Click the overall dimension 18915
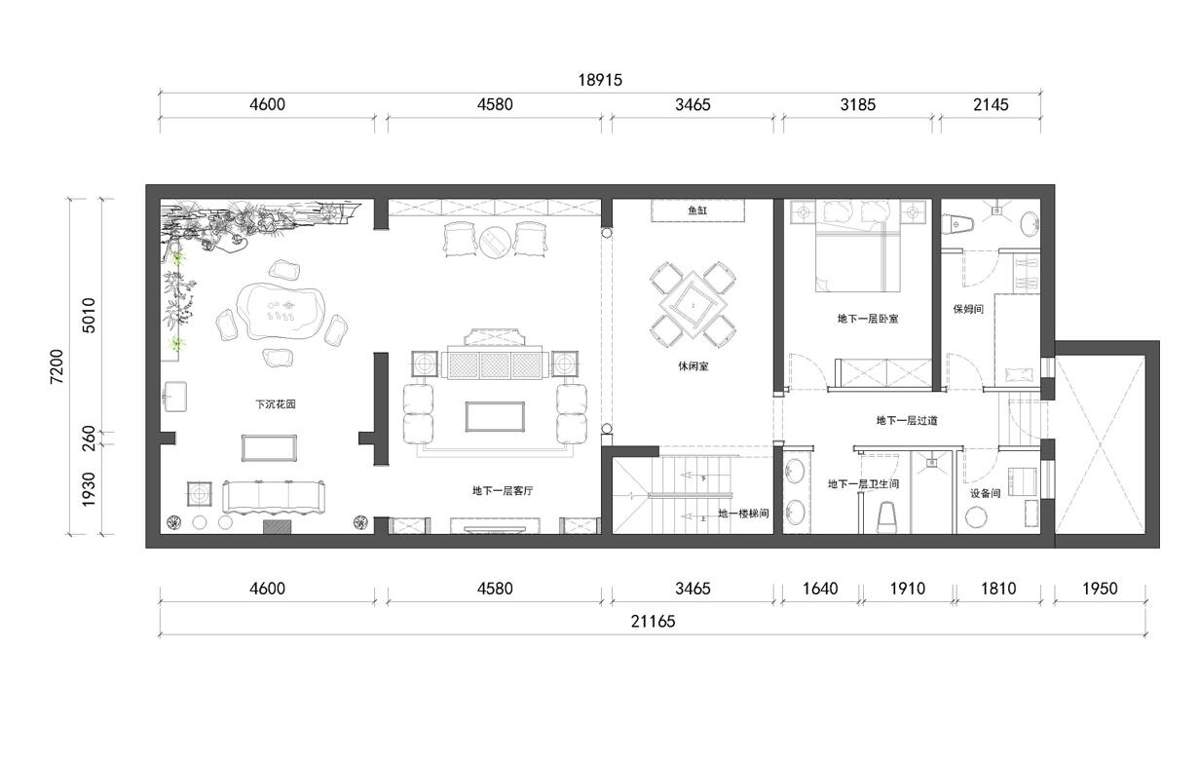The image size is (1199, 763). point(600,80)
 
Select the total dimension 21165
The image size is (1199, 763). point(653,622)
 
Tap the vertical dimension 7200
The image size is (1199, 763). point(56,366)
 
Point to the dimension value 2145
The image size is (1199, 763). point(991,105)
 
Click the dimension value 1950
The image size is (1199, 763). point(1100,589)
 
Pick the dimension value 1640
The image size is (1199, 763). point(820,589)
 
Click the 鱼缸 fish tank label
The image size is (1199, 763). point(697,210)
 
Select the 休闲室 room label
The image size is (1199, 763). point(693,366)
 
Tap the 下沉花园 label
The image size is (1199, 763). point(275,404)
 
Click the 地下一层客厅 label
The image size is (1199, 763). point(503,490)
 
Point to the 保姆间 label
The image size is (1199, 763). point(968,309)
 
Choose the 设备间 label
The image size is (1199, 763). point(986,493)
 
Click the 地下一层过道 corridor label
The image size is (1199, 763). point(907,421)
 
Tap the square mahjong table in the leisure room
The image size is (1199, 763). point(693,306)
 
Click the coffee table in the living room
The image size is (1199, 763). point(495,416)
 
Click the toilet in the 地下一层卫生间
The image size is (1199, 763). point(887,517)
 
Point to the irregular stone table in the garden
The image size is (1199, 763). point(281,312)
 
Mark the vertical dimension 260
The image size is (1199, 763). point(89,438)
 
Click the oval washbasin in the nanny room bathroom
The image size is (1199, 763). point(1030,224)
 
